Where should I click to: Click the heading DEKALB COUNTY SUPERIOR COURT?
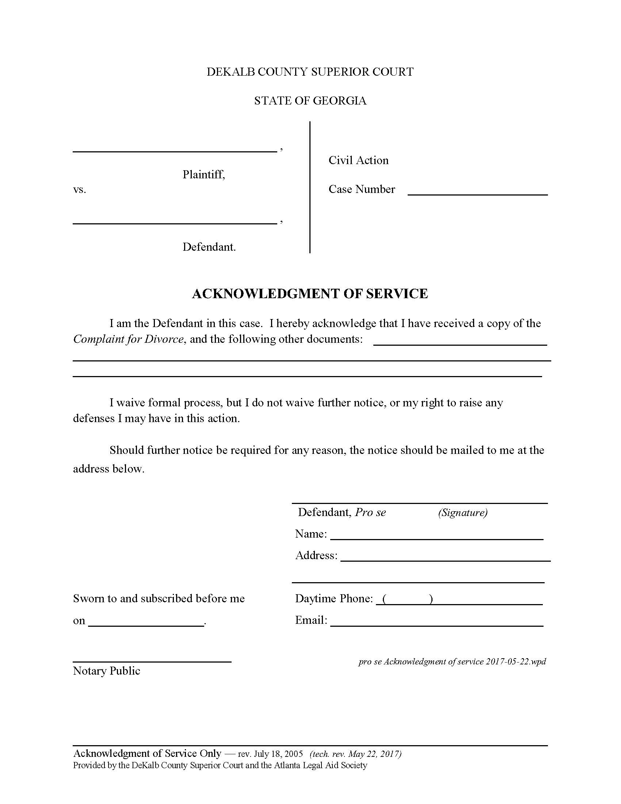[310, 72]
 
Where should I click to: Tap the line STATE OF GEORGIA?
[310, 101]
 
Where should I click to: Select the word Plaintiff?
[203, 174]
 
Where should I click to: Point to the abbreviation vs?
[80, 190]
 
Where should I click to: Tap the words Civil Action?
[358, 160]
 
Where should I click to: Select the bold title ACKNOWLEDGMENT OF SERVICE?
[310, 294]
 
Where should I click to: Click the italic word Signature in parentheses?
[462, 512]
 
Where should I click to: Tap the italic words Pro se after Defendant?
[370, 512]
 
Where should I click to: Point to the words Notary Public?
[107, 671]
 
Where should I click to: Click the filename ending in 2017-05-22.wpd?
[452, 661]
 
